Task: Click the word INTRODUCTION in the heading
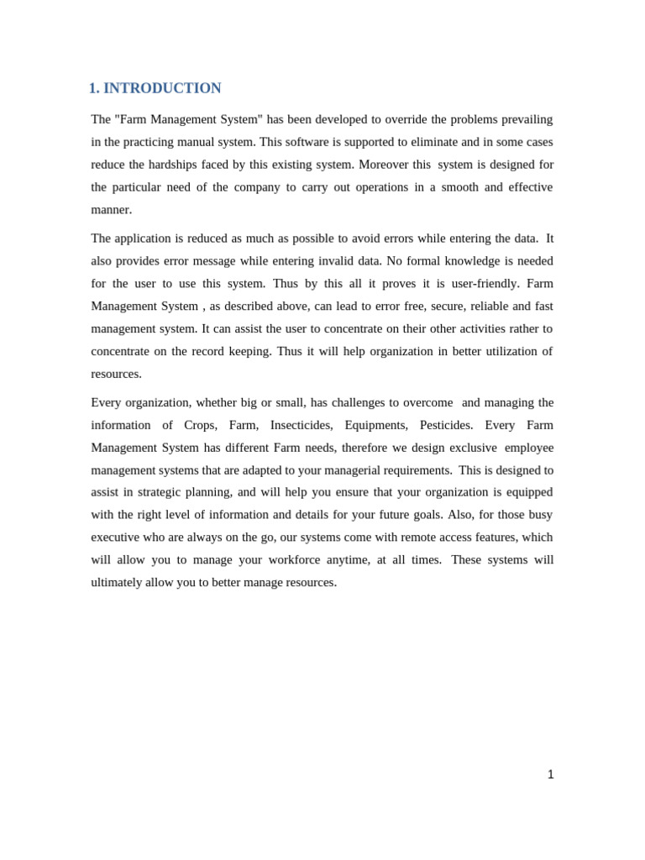pyautogui.click(x=162, y=88)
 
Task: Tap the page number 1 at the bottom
pyautogui.click(x=550, y=774)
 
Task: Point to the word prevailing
pyautogui.click(x=524, y=119)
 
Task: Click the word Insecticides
pyautogui.click(x=301, y=426)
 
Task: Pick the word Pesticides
pyautogui.click(x=446, y=426)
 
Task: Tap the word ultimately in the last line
pyautogui.click(x=117, y=583)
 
